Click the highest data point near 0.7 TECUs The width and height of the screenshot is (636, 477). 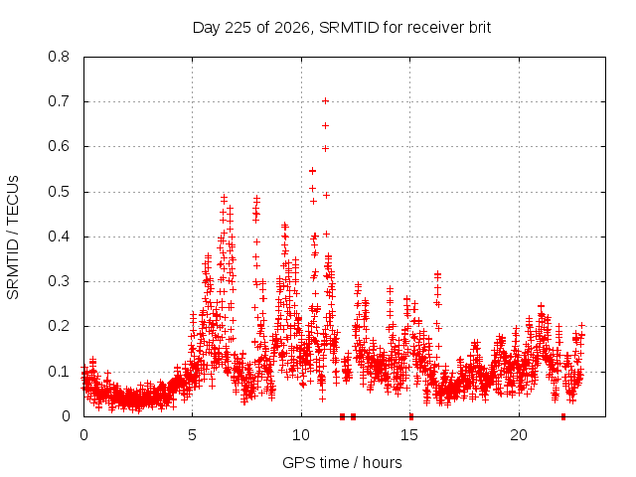tap(325, 101)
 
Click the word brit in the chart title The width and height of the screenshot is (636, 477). tap(480, 28)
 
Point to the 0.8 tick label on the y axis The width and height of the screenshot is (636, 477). tap(59, 57)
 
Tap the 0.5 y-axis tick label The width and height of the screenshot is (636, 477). tap(59, 192)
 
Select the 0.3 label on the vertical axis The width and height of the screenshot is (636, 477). tap(59, 281)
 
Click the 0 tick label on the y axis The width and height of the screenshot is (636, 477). tap(67, 415)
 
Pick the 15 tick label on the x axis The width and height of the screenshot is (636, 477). tap(409, 435)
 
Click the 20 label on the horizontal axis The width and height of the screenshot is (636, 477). tap(519, 435)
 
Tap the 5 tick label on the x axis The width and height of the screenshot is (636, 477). tap(192, 435)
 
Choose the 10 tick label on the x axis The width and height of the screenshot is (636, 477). tap(301, 435)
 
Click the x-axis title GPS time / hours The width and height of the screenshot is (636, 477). tap(342, 462)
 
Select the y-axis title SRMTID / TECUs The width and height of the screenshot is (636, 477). tap(13, 238)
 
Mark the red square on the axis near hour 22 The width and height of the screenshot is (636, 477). tap(563, 416)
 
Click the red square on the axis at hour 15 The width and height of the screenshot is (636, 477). tap(411, 416)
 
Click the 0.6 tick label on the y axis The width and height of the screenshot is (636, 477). tap(59, 146)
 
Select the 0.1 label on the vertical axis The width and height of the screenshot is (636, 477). tap(59, 371)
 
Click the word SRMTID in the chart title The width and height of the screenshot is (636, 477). tap(349, 28)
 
